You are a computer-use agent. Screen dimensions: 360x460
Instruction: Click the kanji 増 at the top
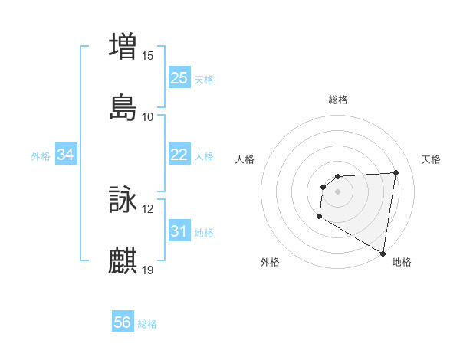tap(123, 45)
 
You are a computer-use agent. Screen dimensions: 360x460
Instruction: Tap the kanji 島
tap(123, 106)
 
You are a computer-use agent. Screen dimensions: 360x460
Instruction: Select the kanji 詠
tap(123, 199)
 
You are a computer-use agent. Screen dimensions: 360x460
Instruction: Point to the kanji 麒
tap(123, 260)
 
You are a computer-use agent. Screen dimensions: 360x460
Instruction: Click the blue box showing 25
tap(179, 78)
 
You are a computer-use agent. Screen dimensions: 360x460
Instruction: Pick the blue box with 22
tap(179, 155)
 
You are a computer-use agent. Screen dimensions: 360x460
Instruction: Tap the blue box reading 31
tap(179, 231)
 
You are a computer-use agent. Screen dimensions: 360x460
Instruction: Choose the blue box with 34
tap(65, 155)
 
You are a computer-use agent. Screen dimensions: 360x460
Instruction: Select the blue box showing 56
tap(122, 323)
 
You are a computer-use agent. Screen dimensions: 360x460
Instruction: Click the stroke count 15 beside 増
tap(148, 56)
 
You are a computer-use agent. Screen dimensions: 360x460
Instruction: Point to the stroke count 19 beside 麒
tap(148, 270)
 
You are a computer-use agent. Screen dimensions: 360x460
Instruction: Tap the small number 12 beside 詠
tap(148, 209)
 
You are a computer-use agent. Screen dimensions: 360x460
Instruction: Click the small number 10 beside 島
tap(148, 117)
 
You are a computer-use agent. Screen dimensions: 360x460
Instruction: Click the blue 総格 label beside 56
tap(147, 324)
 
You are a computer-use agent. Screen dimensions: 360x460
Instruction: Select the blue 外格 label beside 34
tap(41, 156)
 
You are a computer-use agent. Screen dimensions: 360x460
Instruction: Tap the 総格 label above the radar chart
tap(338, 100)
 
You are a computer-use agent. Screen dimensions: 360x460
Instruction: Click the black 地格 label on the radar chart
tap(402, 262)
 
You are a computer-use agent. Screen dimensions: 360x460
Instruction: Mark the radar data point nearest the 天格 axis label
tap(396, 172)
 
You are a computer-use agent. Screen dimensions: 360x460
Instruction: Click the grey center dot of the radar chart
tap(337, 191)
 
